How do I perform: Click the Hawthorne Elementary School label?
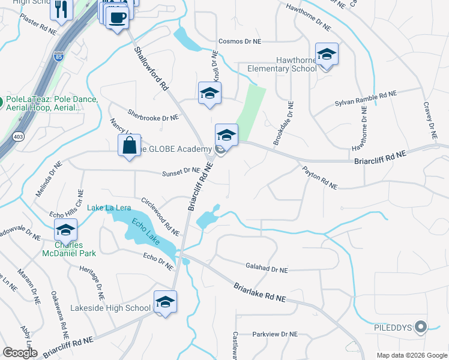coord(282,64)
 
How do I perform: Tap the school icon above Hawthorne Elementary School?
coord(327,55)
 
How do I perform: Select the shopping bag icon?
coord(130,146)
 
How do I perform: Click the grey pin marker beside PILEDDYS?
coord(421,327)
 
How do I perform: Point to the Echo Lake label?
coord(146,230)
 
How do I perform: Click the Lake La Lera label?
coord(109,208)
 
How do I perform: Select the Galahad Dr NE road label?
coord(267,270)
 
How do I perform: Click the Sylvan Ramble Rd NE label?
coord(366,100)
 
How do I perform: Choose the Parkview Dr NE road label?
coord(274,334)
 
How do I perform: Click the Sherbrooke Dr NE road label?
coord(153,115)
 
